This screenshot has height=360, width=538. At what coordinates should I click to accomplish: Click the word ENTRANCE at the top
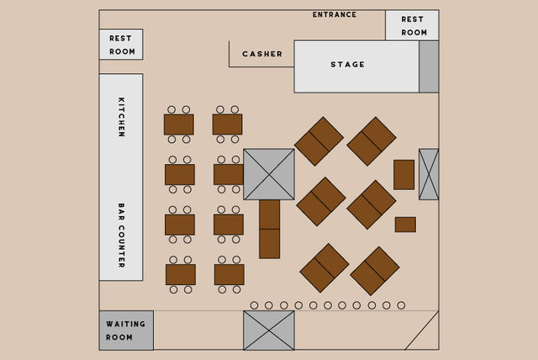click(x=335, y=15)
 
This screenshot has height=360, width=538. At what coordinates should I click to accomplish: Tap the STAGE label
click(x=347, y=65)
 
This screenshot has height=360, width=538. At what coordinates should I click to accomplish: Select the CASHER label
click(x=262, y=54)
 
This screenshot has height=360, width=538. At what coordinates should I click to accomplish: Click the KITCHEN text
click(x=121, y=117)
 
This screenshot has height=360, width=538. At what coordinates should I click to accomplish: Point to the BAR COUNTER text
click(x=121, y=235)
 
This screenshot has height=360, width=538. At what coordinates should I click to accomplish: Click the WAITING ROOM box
click(x=126, y=331)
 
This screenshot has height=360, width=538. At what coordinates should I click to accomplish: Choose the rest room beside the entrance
click(x=412, y=25)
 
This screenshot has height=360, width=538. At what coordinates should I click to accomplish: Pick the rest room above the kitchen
click(x=121, y=45)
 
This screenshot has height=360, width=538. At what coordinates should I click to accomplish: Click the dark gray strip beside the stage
click(x=429, y=66)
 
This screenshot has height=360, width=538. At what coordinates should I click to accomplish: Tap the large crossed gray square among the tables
click(x=269, y=174)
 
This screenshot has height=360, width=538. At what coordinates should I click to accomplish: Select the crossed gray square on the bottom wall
click(x=269, y=331)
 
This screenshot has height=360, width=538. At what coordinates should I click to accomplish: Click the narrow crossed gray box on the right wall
click(x=429, y=174)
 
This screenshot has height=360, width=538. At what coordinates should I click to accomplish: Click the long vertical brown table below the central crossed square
click(x=269, y=229)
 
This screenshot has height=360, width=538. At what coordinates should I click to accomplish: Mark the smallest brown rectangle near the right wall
click(x=405, y=225)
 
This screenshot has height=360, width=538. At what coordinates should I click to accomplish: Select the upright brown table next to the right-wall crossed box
click(x=403, y=175)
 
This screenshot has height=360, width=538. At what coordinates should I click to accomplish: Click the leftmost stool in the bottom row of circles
click(x=254, y=305)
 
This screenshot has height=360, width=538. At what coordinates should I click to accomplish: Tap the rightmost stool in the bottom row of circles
click(x=401, y=305)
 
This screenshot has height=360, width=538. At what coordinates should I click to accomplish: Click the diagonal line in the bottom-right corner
click(x=422, y=331)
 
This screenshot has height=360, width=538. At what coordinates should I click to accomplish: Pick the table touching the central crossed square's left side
click(x=229, y=174)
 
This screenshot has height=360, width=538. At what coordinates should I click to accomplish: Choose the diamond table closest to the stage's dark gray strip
click(x=372, y=141)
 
